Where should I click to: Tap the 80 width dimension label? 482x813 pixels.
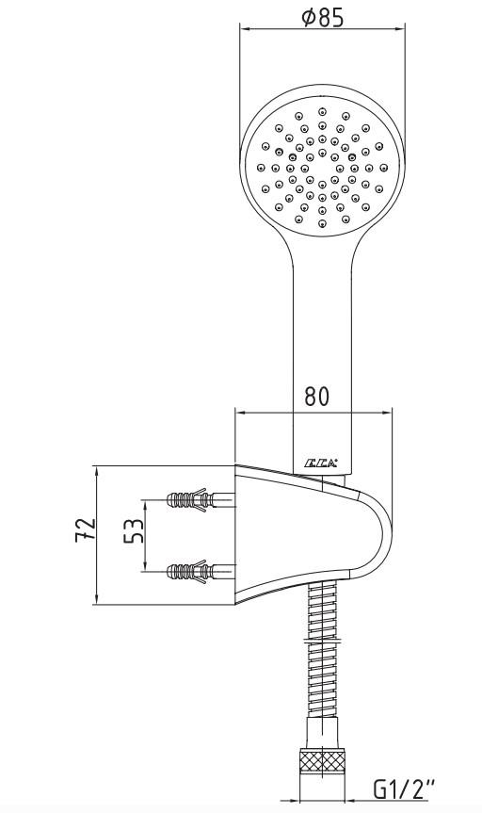pos(316,397)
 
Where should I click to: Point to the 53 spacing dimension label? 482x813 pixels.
pos(134,532)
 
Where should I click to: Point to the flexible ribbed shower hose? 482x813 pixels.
pos(323,659)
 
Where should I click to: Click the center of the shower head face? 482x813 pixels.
pos(323,167)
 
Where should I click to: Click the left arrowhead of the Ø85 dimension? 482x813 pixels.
pos(244,30)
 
